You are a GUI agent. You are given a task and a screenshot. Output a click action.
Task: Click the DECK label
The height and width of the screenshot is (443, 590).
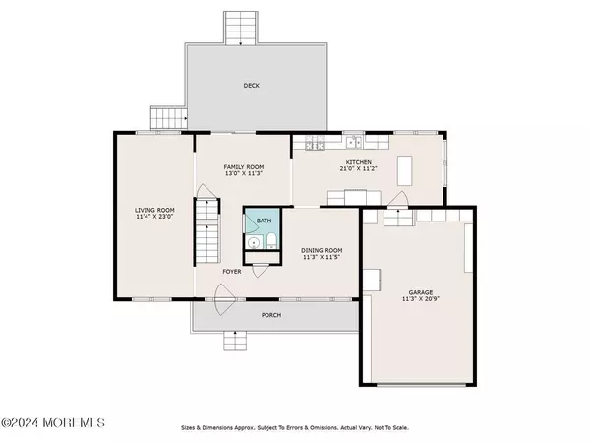pyautogui.click(x=252, y=86)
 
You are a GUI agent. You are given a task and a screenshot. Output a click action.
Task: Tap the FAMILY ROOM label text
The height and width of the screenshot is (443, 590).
pyautogui.click(x=244, y=167)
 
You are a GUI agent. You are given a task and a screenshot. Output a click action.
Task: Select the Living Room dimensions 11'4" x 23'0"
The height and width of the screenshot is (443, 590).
pyautogui.click(x=154, y=217)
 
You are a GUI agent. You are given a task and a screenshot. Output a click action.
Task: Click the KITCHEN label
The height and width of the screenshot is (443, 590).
pyautogui.click(x=359, y=162)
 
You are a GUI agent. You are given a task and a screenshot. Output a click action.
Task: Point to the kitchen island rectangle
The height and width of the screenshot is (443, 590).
pyautogui.click(x=404, y=170)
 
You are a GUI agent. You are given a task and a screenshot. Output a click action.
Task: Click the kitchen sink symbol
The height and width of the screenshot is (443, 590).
pyautogui.click(x=354, y=142)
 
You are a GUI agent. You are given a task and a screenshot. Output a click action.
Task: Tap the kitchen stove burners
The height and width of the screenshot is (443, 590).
pyautogui.click(x=315, y=143)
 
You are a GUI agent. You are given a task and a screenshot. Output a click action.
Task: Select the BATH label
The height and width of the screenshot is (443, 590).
pyautogui.click(x=264, y=221)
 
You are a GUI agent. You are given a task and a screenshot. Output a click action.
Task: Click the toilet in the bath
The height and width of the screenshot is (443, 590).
pyautogui.click(x=271, y=241)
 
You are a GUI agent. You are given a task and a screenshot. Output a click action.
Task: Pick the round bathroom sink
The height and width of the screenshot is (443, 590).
pyautogui.click(x=255, y=242)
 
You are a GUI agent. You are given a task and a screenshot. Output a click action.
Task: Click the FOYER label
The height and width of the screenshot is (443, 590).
pyautogui.click(x=232, y=272)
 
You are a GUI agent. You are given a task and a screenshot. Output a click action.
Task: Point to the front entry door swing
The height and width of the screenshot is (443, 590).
pyautogui.click(x=224, y=299)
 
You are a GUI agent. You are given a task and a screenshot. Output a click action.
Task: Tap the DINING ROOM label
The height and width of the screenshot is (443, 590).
pyautogui.click(x=322, y=250)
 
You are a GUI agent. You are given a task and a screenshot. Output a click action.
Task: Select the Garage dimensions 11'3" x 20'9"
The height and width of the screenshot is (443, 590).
pyautogui.click(x=421, y=299)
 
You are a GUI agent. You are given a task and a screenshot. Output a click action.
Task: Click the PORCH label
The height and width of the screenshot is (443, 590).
pyautogui.click(x=271, y=315)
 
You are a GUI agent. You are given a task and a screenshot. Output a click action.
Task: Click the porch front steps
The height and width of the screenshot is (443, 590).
pyautogui.click(x=235, y=341)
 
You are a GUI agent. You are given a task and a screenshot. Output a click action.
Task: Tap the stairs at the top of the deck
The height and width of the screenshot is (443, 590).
pyautogui.click(x=241, y=28)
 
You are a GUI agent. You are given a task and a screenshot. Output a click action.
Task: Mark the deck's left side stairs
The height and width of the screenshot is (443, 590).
pyautogui.click(x=169, y=118)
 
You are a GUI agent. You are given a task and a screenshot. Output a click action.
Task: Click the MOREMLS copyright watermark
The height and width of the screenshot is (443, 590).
pyautogui.click(x=53, y=422)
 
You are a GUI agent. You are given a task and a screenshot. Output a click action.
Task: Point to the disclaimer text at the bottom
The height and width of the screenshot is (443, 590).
pyautogui.click(x=295, y=428)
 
